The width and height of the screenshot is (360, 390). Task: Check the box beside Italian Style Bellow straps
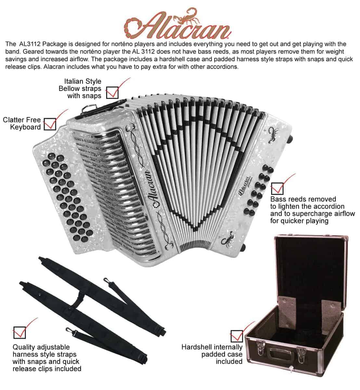point(112,93)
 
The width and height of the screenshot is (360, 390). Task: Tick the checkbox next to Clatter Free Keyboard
point(50,124)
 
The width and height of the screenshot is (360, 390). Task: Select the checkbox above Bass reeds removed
point(277,188)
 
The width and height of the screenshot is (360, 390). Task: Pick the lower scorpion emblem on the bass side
point(227,238)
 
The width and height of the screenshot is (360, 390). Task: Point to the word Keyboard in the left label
point(25,127)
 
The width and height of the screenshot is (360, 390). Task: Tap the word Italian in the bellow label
point(72,81)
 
